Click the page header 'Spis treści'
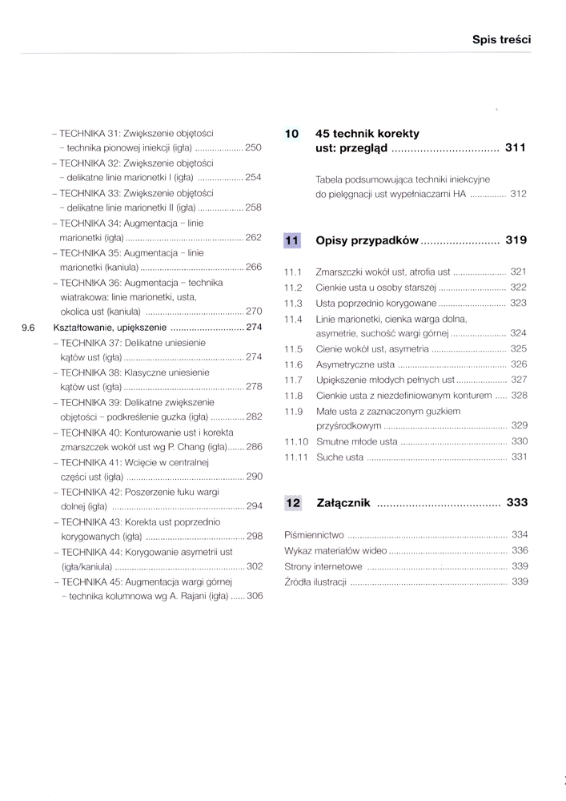point(502,38)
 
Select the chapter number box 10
point(291,134)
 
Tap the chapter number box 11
point(291,239)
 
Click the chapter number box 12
point(291,503)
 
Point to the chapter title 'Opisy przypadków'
point(367,239)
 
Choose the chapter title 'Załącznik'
point(343,503)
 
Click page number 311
point(516,148)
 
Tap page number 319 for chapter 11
point(516,239)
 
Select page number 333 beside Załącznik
point(516,503)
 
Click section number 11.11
point(296,457)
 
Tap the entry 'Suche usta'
point(340,457)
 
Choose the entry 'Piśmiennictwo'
point(314,534)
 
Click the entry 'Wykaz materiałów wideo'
point(335,550)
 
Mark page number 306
point(254,596)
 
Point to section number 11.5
point(293,348)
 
